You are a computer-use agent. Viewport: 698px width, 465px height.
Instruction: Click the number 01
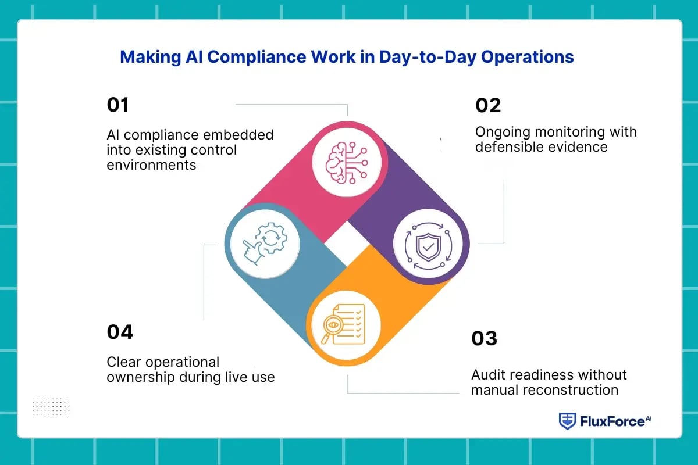pyautogui.click(x=118, y=105)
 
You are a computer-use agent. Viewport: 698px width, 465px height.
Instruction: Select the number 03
pyautogui.click(x=484, y=338)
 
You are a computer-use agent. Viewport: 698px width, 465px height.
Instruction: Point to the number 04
pyautogui.click(x=120, y=332)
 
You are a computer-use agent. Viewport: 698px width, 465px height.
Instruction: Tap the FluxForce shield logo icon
pyautogui.click(x=567, y=421)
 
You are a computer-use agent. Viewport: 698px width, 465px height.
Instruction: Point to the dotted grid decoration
pyautogui.click(x=51, y=408)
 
